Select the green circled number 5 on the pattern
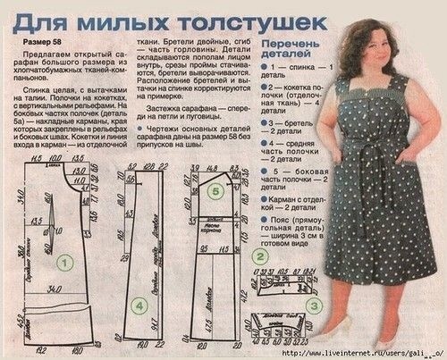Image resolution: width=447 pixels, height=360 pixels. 213,189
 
